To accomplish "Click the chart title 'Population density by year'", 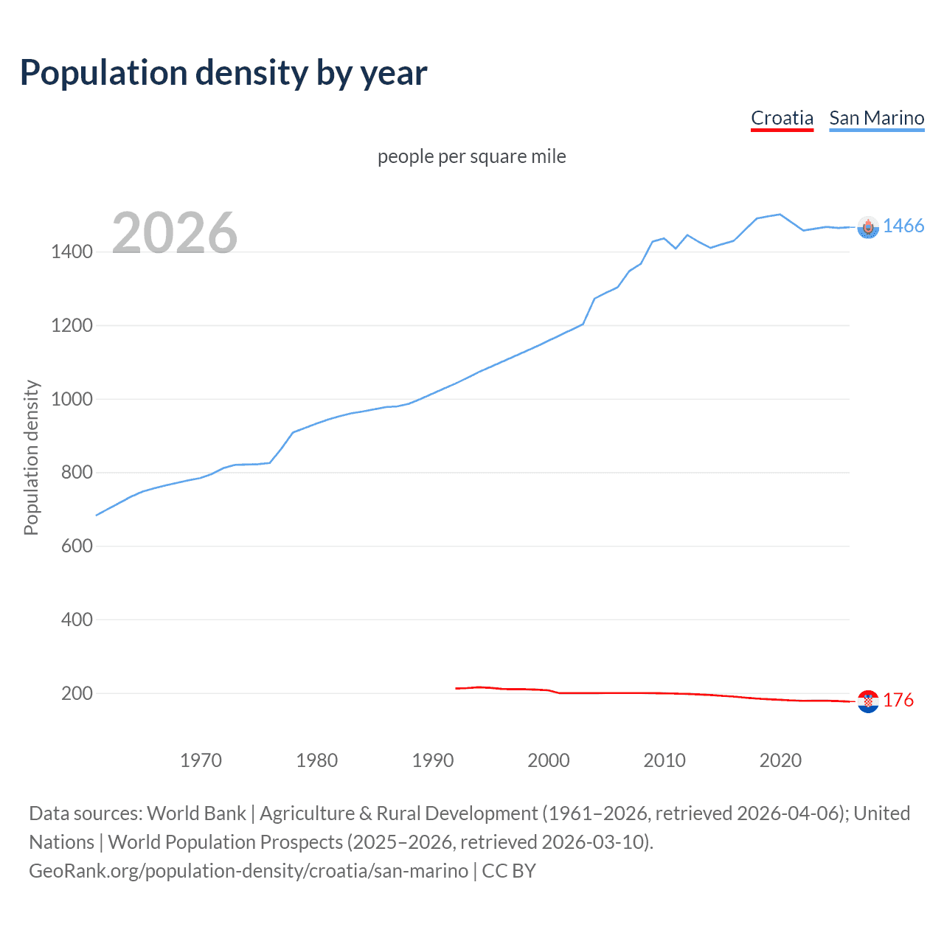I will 223,72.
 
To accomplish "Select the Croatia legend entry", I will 782,118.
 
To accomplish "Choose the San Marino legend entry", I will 876,118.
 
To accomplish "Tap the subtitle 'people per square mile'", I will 472,156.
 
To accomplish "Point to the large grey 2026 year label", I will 175,233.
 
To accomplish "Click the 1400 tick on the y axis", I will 72,251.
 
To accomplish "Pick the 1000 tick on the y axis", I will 72,399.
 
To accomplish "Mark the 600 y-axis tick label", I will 77,546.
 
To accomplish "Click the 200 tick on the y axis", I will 77,693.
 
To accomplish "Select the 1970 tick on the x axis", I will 201,760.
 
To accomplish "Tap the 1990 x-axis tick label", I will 433,760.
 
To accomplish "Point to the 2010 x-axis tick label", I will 664,760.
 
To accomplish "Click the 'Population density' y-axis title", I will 31,457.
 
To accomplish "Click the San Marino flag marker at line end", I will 868,228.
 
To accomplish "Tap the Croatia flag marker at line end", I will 868,701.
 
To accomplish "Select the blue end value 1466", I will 903,226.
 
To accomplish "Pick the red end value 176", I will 898,700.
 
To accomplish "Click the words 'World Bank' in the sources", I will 196,813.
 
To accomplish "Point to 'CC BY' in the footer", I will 509,871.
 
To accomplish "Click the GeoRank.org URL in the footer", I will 249,871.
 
